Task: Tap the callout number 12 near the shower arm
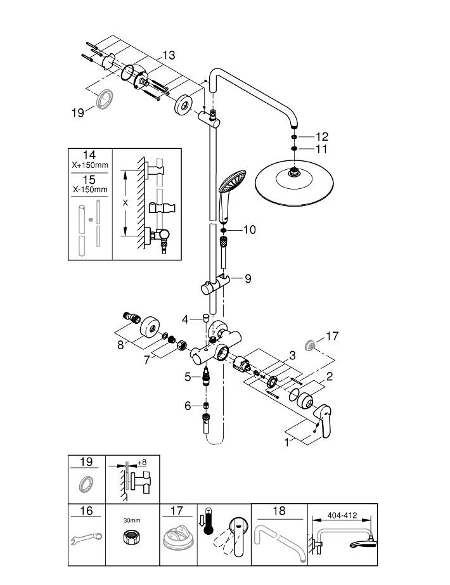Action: point(322,136)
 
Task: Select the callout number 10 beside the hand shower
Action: point(249,229)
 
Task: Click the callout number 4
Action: point(185,320)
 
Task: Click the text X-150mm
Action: point(89,189)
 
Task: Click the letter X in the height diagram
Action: point(124,203)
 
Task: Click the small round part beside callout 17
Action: point(311,345)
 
